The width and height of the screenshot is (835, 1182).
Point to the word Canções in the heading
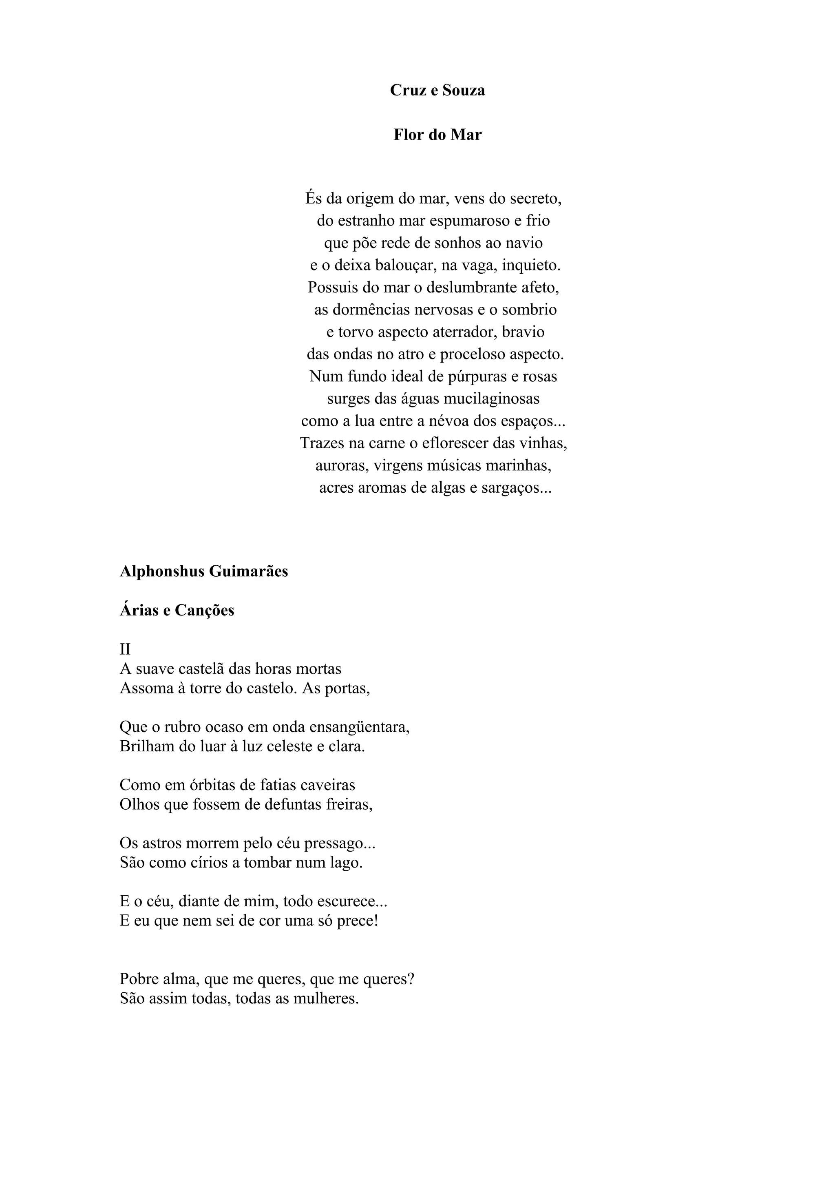point(204,610)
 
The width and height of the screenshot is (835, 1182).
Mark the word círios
point(210,862)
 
